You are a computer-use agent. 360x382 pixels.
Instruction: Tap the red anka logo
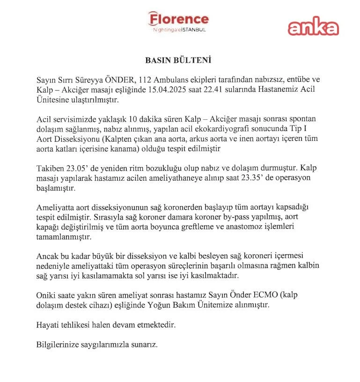point(313,27)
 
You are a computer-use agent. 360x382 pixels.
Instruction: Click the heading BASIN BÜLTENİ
point(179,61)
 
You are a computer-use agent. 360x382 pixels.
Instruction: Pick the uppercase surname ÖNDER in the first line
point(109,79)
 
